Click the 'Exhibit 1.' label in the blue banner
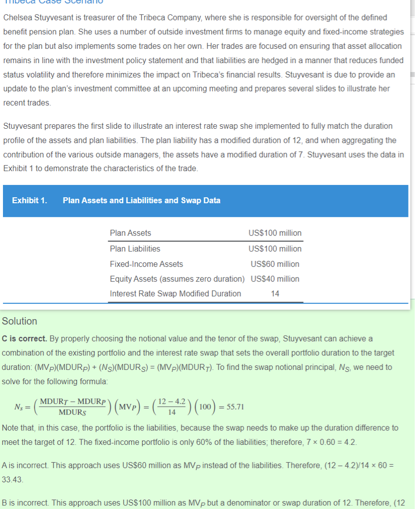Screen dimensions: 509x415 click(29, 201)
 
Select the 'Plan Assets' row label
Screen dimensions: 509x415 click(130, 233)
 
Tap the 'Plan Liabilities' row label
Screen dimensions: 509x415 click(135, 249)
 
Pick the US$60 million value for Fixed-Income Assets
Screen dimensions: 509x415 click(275, 264)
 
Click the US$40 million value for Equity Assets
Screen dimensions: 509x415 click(275, 279)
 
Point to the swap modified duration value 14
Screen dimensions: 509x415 click(275, 294)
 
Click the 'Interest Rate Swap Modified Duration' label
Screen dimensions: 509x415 click(175, 294)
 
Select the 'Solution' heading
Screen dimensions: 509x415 click(19, 321)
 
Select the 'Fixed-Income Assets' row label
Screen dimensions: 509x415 click(146, 264)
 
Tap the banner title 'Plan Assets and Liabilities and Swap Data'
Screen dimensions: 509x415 click(142, 201)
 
